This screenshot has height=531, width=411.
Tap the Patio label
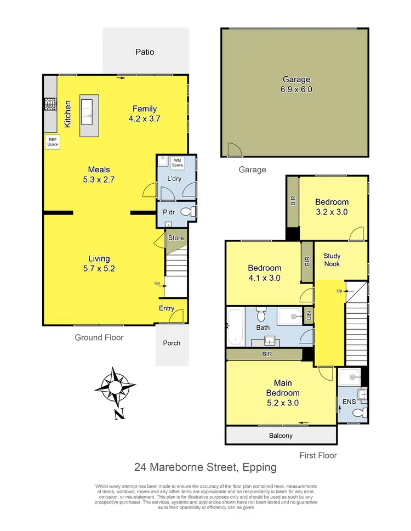[x=145, y=52]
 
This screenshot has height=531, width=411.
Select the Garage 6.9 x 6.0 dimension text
[x=297, y=89]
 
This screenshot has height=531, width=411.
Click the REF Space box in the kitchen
[x=53, y=142]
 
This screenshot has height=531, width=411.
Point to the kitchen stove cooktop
[x=50, y=104]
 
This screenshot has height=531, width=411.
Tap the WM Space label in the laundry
[x=178, y=162]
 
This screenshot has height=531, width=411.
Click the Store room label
[x=176, y=238]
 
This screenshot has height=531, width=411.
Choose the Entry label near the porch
[x=167, y=308]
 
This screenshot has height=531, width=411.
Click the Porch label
[x=172, y=343]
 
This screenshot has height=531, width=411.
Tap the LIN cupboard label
[x=309, y=316]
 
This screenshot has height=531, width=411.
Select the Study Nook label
[x=332, y=259]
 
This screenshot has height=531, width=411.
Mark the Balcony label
[x=281, y=436]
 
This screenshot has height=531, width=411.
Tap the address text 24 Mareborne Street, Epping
[x=206, y=468]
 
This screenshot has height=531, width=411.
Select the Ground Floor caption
[x=99, y=337]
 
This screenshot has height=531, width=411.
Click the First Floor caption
[x=318, y=455]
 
